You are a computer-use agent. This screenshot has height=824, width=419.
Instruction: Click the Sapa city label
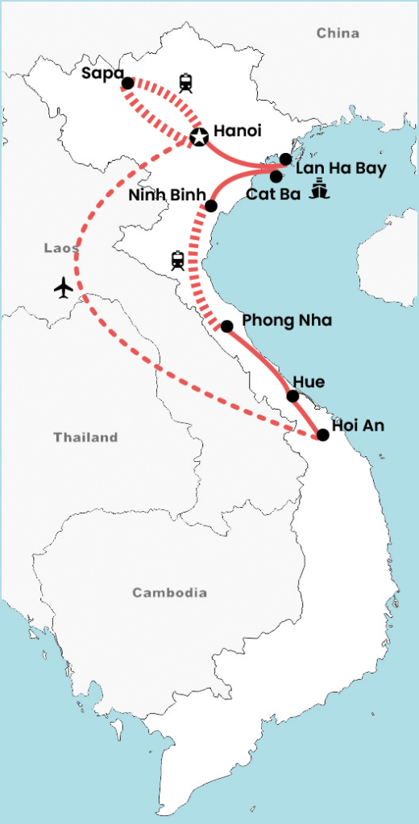pyautogui.click(x=102, y=74)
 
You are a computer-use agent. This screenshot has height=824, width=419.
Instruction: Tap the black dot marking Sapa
pyautogui.click(x=127, y=83)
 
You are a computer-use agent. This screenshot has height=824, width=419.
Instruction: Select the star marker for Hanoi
pyautogui.click(x=198, y=138)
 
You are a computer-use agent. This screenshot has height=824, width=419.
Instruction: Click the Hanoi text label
pyautogui.click(x=238, y=131)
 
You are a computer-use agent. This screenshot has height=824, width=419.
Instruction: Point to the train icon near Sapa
pyautogui.click(x=186, y=82)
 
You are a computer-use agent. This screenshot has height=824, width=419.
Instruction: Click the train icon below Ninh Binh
pyautogui.click(x=177, y=260)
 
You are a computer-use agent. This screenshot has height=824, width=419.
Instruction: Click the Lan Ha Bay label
pyautogui.click(x=341, y=169)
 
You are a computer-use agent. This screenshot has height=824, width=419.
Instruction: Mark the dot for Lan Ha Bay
pyautogui.click(x=285, y=159)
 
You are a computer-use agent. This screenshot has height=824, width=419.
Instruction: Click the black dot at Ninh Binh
pyautogui.click(x=211, y=206)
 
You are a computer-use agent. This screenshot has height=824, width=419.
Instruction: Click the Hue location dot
pyautogui.click(x=293, y=396)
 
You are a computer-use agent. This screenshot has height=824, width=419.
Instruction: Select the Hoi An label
pyautogui.click(x=358, y=427)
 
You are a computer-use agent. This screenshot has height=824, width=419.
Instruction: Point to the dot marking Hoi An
pyautogui.click(x=322, y=435)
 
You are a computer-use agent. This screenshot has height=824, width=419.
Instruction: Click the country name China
pyautogui.click(x=338, y=33)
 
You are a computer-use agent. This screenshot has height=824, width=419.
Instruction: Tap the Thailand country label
pyautogui.click(x=85, y=438)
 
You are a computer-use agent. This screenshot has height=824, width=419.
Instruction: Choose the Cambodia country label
pyautogui.click(x=170, y=593)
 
